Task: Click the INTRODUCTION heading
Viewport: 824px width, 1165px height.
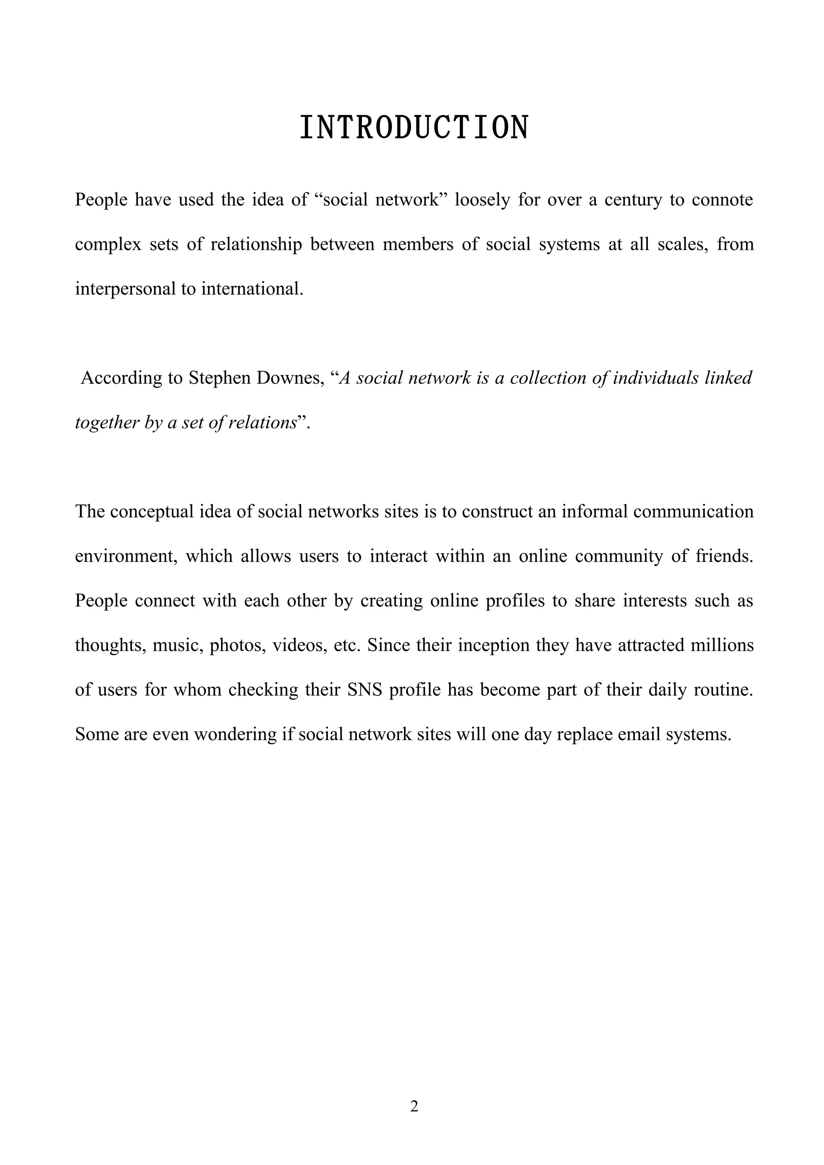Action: [x=414, y=128]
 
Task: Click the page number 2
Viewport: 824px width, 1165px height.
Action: [x=414, y=1107]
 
